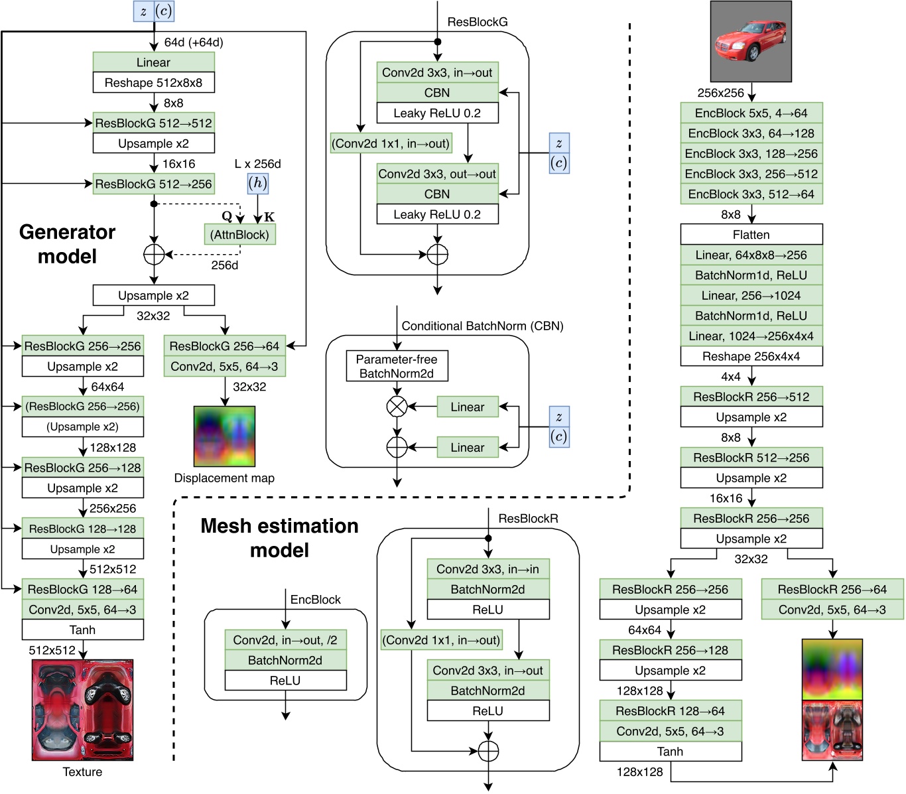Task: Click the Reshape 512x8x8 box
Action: [153, 83]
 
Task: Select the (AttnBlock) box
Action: [239, 235]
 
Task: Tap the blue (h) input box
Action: [257, 183]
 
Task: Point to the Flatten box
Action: [751, 235]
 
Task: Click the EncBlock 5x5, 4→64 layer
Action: [751, 113]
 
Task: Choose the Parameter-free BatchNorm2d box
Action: [397, 366]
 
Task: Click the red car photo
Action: [751, 41]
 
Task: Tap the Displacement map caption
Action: [224, 478]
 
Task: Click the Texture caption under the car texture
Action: [82, 772]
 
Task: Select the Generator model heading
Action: [67, 244]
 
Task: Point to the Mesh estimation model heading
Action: [279, 538]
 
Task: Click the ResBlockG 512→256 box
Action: [153, 184]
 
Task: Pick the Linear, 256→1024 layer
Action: [751, 296]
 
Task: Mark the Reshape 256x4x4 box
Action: [751, 356]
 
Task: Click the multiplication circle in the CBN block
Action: [397, 407]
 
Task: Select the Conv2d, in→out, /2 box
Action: [285, 640]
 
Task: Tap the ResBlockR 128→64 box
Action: [670, 711]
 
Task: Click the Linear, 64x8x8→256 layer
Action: [751, 255]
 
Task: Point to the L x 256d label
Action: [257, 164]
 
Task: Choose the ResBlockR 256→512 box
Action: [751, 397]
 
